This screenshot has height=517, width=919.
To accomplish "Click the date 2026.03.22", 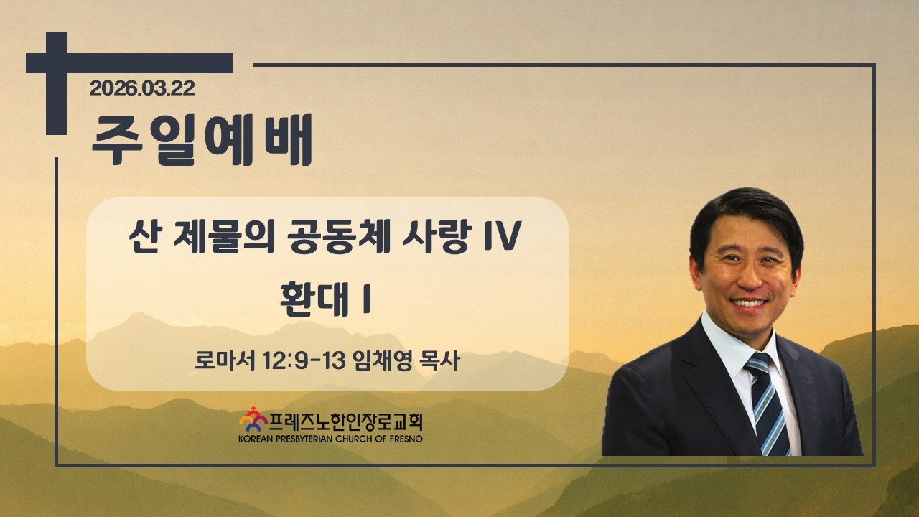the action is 142,88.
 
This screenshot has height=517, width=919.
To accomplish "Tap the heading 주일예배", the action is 202,140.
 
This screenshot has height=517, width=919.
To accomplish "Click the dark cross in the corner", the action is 56,82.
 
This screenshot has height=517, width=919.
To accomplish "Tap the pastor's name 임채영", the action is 383,361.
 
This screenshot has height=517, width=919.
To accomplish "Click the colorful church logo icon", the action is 253,419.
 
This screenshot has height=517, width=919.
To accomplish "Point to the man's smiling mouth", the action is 749,304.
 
